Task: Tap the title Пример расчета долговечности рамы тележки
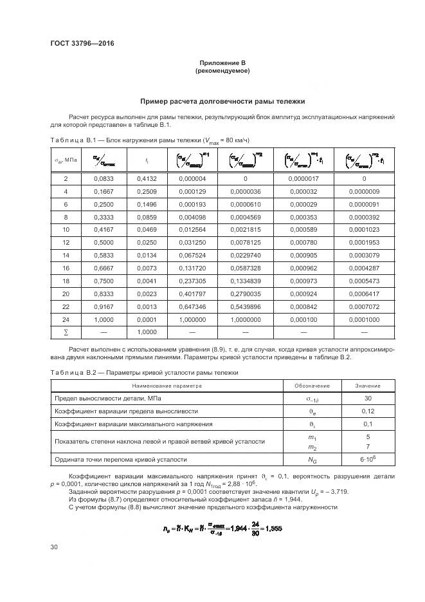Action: pyautogui.click(x=222, y=101)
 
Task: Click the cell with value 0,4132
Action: pyautogui.click(x=147, y=178)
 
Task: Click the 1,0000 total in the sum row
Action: pyautogui.click(x=147, y=332)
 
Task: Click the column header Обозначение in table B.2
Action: pyautogui.click(x=312, y=386)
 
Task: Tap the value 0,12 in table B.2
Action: pyautogui.click(x=367, y=411)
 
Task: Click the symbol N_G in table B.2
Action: pyautogui.click(x=312, y=460)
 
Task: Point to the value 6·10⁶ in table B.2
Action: pyautogui.click(x=367, y=460)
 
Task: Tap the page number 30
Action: pyautogui.click(x=54, y=547)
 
